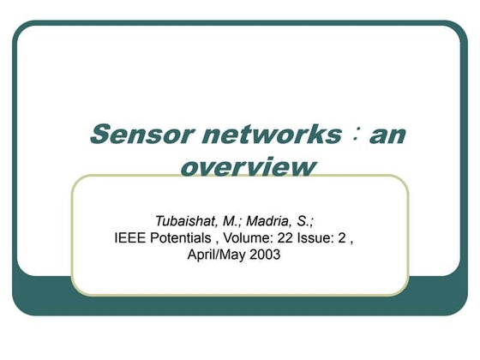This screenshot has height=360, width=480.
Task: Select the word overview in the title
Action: [x=247, y=165]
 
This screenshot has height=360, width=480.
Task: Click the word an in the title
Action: [x=386, y=135]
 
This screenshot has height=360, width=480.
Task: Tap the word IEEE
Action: [x=129, y=237]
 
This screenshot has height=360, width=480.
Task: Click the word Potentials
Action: [x=183, y=237]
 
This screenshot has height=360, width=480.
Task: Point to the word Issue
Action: [x=323, y=237]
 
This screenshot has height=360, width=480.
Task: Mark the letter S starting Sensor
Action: [x=98, y=135]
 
